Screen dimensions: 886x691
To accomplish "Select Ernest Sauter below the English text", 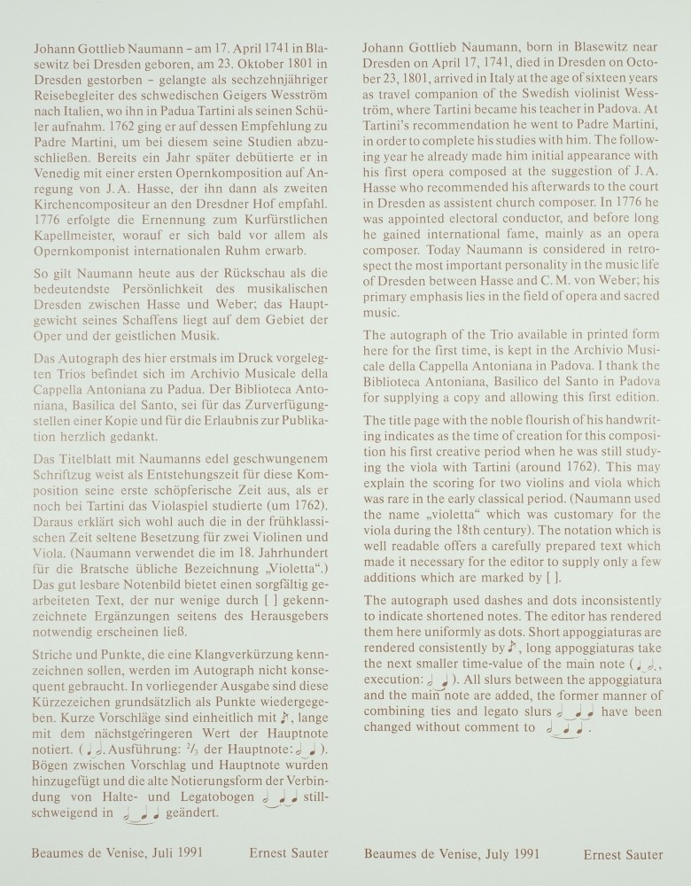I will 622,854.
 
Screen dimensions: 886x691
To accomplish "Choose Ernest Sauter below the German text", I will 289,853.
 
